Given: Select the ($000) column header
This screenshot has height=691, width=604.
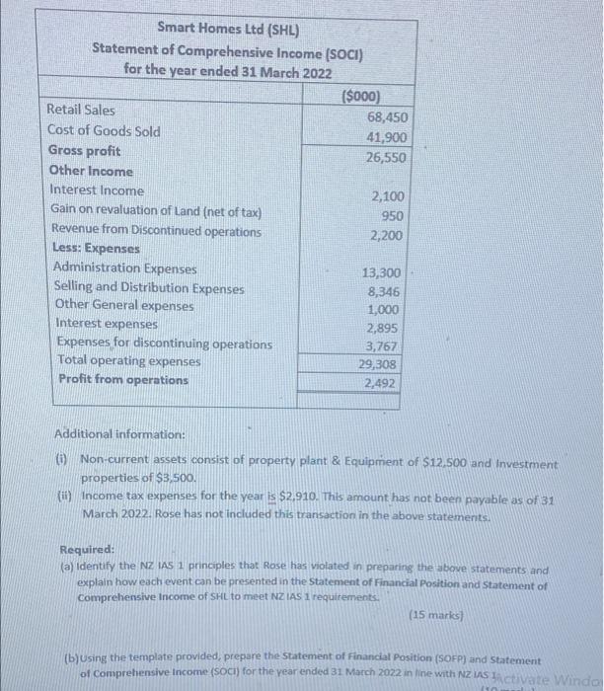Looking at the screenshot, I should (x=361, y=96).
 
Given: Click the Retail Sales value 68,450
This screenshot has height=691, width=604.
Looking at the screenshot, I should (x=387, y=117).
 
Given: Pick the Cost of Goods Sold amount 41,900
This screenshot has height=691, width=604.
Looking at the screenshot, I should (x=387, y=137).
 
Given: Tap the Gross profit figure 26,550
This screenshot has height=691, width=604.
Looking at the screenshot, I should (x=387, y=158).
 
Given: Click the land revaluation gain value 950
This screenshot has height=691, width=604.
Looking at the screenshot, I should (x=391, y=216).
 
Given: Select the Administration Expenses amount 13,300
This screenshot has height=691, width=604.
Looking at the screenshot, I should (x=383, y=273).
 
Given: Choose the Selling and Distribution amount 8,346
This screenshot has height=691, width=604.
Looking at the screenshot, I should (x=386, y=292).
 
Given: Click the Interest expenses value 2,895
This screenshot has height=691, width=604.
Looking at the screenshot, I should (x=384, y=328).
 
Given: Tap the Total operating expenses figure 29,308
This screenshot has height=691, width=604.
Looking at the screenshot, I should (x=381, y=364).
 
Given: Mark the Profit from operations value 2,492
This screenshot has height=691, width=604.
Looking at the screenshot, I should (x=383, y=383).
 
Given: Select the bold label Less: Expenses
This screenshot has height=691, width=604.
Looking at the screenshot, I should (x=97, y=250).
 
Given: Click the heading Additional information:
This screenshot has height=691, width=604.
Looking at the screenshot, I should (x=119, y=434).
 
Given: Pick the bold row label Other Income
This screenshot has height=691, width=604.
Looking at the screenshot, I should (x=91, y=171).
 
